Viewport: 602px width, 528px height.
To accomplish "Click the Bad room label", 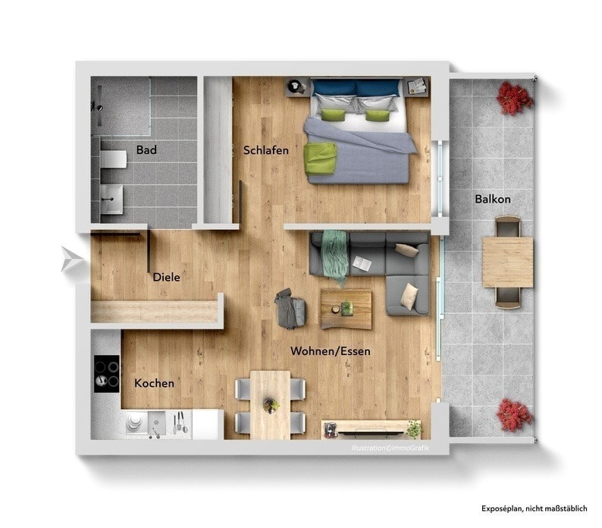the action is coord(146,149).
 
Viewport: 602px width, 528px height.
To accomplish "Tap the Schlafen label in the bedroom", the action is coord(265,150).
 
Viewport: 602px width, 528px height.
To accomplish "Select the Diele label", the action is coord(166,277).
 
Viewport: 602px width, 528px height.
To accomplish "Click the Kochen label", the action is coord(154,383).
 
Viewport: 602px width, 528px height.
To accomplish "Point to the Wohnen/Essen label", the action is coord(330,350).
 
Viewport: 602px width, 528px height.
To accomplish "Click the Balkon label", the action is coord(493,199).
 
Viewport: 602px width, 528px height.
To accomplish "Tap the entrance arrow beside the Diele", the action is coord(71,259).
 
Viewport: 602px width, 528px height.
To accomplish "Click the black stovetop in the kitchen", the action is coord(107,373).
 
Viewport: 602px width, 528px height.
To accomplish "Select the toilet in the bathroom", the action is coord(113,159).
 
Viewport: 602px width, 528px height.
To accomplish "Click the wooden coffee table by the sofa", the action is coord(346,310).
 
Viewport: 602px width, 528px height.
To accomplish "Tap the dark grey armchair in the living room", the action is coord(290,309).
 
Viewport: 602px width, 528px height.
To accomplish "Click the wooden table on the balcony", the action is coord(507,262).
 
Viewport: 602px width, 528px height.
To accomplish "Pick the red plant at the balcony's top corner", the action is coord(515,99).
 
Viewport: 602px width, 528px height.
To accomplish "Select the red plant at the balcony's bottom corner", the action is coord(514,416).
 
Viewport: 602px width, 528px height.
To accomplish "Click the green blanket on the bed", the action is coord(320,159).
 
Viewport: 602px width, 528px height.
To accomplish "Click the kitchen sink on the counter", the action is coord(157,424).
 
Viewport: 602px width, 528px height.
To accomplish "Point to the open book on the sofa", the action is coord(362,262).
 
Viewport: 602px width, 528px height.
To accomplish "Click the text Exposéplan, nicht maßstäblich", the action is coord(535,508).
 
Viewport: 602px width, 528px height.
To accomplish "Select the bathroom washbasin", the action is coord(111,199).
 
